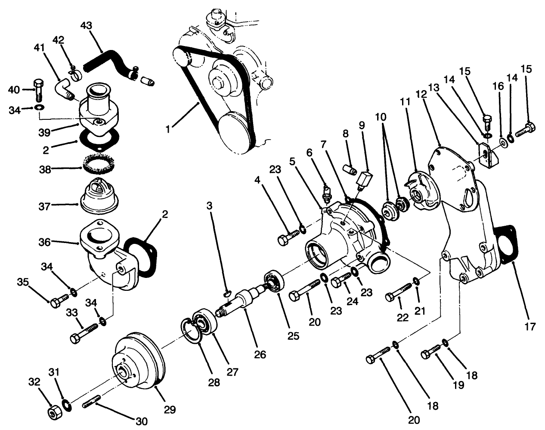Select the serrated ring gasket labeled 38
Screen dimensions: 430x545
100,165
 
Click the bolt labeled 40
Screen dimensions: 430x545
38,90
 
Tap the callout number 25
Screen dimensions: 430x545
293,336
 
